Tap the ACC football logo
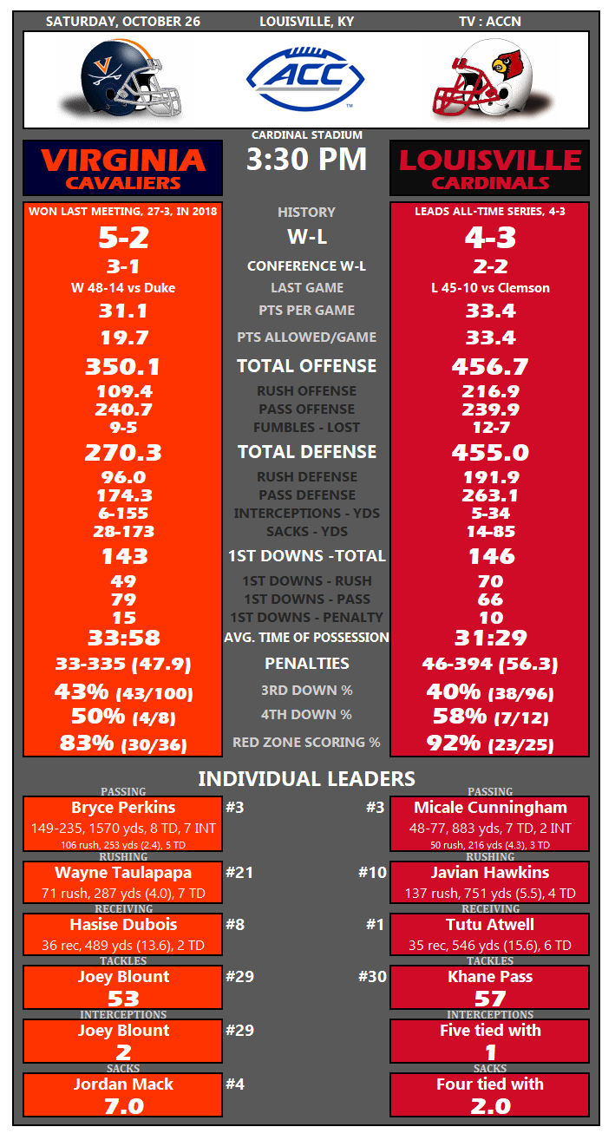click(x=306, y=79)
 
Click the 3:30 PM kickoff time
click(x=306, y=160)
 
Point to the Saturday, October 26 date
click(x=122, y=22)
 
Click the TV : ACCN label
click(x=490, y=22)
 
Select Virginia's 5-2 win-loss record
click(x=122, y=238)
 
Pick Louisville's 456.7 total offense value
click(x=490, y=366)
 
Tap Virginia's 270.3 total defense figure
click(x=122, y=452)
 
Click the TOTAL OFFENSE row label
click(x=306, y=366)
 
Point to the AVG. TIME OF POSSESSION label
click(x=306, y=638)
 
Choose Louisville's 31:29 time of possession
click(x=490, y=638)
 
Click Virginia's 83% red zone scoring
click(x=122, y=744)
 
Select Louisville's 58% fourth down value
click(x=490, y=717)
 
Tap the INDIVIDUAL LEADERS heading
click(x=306, y=779)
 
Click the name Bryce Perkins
click(x=122, y=808)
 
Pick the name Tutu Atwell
click(x=490, y=925)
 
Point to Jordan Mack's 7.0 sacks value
click(x=122, y=1105)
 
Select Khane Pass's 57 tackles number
click(x=490, y=999)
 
